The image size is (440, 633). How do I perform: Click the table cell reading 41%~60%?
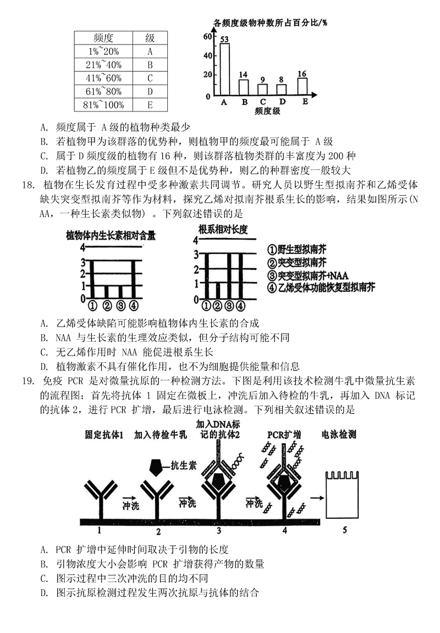pos(103,78)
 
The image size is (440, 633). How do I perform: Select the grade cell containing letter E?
pos(150,104)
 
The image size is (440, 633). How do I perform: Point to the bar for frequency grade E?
pos(302,87)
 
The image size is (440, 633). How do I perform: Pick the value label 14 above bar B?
pos(243,75)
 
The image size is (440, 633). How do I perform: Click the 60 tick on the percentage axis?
pos(207,37)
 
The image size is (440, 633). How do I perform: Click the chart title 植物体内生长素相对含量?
pos(111,235)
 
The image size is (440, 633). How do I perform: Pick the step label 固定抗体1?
pos(104,435)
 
